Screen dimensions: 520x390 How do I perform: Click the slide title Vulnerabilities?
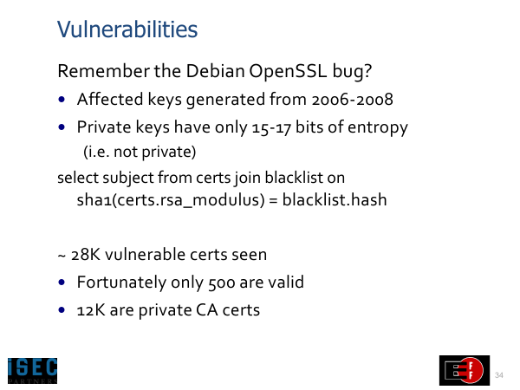pyautogui.click(x=127, y=29)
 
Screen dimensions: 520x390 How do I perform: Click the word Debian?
pyautogui.click(x=215, y=71)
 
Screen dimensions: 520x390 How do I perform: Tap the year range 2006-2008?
pyautogui.click(x=352, y=99)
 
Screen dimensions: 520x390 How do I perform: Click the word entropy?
pyautogui.click(x=378, y=128)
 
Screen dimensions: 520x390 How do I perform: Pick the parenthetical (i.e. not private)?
pyautogui.click(x=140, y=152)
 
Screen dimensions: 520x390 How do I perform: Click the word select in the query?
pyautogui.click(x=78, y=178)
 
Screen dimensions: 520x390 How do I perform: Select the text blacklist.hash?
pyautogui.click(x=335, y=199)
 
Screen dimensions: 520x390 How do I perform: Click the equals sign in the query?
pyautogui.click(x=274, y=201)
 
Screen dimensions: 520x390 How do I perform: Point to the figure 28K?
pyautogui.click(x=86, y=255)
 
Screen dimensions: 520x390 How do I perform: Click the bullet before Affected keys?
pyautogui.click(x=62, y=99)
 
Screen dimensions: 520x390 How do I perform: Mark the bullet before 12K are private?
pyautogui.click(x=62, y=310)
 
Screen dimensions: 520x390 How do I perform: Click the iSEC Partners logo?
pyautogui.click(x=33, y=370)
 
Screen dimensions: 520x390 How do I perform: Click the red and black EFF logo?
pyautogui.click(x=465, y=370)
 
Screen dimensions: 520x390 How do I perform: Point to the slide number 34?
pyautogui.click(x=499, y=375)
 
